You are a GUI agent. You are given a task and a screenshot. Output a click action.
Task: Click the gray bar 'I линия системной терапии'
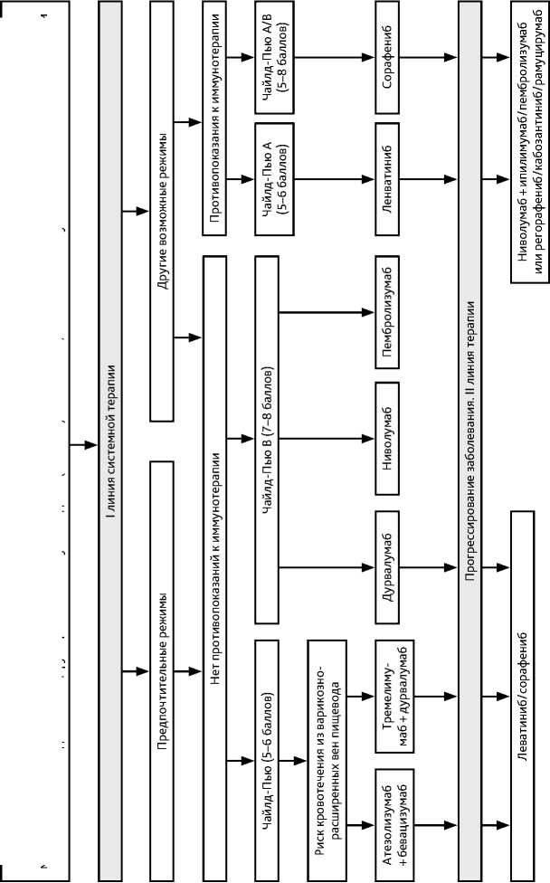coord(110,441)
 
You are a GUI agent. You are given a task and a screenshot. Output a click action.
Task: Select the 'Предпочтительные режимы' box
coord(161,669)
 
